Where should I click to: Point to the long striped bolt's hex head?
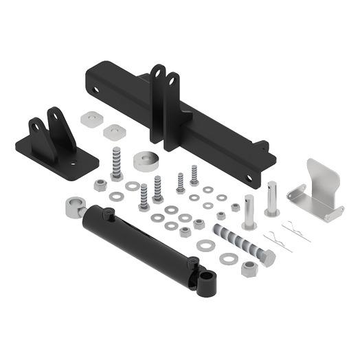(267, 258)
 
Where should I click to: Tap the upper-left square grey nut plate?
(89, 118)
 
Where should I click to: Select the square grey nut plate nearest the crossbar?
(111, 131)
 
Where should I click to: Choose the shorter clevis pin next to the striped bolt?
(249, 212)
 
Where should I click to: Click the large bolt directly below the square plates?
(115, 163)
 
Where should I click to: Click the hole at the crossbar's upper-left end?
(96, 87)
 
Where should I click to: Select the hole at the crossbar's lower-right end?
(253, 181)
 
